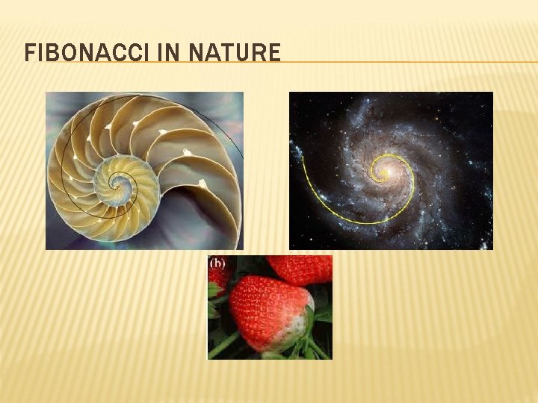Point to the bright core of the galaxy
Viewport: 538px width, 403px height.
(386, 173)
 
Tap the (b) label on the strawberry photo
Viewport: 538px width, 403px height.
(217, 263)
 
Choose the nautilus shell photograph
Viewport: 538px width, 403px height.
(144, 170)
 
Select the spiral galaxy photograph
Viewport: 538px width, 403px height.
(391, 170)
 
